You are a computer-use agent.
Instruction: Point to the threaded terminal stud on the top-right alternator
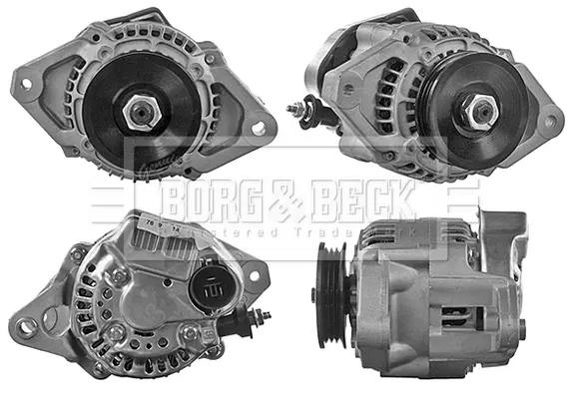click(295, 108)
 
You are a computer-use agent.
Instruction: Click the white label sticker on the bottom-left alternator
click(160, 228)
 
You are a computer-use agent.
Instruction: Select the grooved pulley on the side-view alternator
click(330, 299)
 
